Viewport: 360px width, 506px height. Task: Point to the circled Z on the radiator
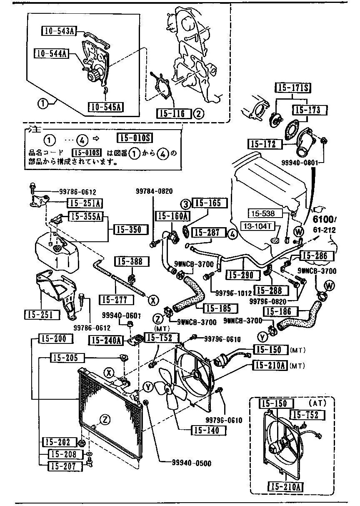(105, 420)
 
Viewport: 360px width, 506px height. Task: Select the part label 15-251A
(85, 203)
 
